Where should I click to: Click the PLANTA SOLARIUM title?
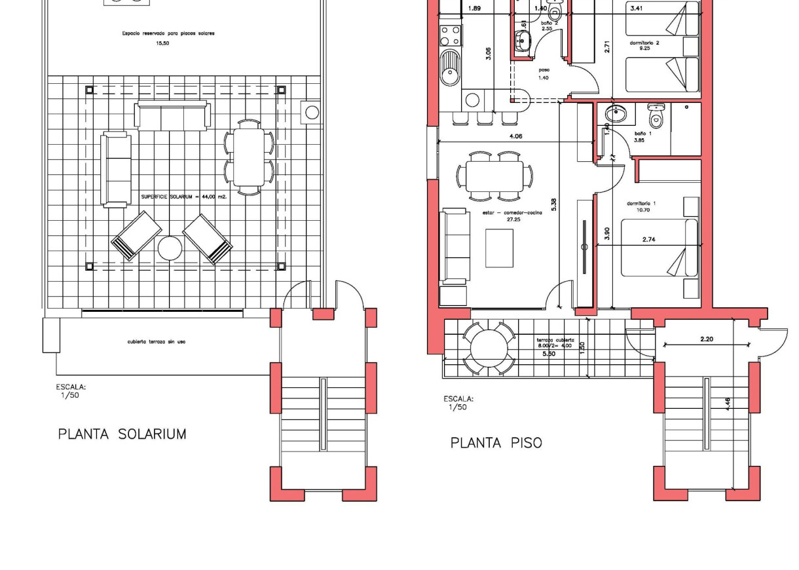coord(122,434)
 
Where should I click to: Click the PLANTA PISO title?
coord(496,443)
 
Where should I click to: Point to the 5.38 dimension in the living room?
coord(553,204)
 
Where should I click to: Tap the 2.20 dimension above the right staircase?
coord(706,339)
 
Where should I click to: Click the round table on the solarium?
coord(170,248)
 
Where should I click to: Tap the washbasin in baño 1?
coord(615,113)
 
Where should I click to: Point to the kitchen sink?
coord(450,68)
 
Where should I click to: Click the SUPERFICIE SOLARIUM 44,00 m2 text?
coord(183,197)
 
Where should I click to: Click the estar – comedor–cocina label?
coord(513,216)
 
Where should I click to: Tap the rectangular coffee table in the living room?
coord(499,248)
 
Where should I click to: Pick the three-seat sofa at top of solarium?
coord(172,116)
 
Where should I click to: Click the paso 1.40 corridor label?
coord(544,73)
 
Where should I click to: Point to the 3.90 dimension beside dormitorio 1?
coord(606,233)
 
